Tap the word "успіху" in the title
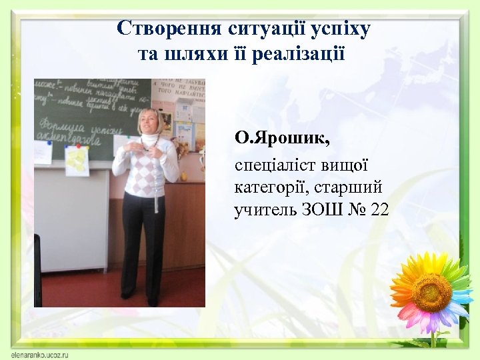coord(342,29)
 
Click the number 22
coord(379,211)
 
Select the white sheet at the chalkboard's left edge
coord(43,151)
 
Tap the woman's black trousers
coord(143,240)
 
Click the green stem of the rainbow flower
coord(432,337)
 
